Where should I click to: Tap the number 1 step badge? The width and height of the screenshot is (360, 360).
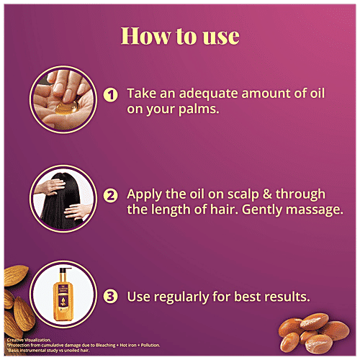[110, 94]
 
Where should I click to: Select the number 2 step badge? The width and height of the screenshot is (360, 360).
[110, 195]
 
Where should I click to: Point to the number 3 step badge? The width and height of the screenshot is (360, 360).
[110, 295]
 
